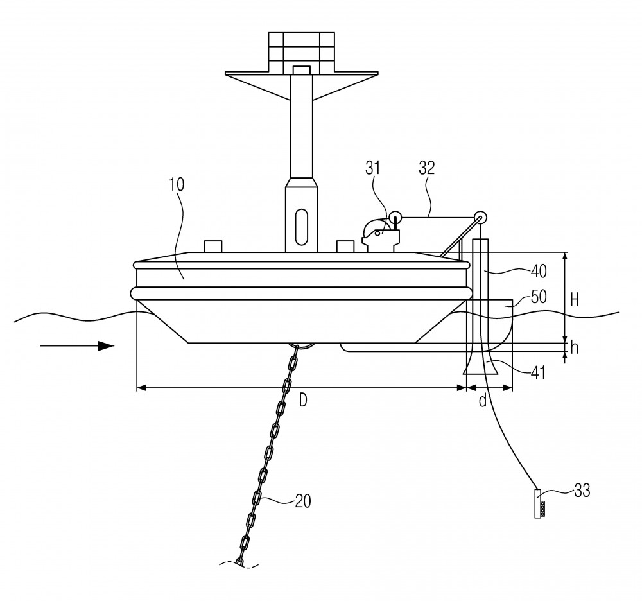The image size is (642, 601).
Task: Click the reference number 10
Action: [x=177, y=185]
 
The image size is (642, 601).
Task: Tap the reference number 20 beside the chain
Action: [x=303, y=501]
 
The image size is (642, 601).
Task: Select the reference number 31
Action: [x=372, y=168]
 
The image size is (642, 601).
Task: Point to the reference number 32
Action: [x=427, y=168]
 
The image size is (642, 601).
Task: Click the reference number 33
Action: [x=582, y=490]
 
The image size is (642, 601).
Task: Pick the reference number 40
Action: [x=539, y=271]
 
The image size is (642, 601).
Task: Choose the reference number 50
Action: [x=539, y=297]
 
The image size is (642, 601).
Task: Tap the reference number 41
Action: [x=538, y=372]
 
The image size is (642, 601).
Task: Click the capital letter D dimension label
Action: [x=302, y=401]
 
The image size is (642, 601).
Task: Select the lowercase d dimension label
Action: [x=483, y=401]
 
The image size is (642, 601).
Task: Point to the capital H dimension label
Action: [x=575, y=300]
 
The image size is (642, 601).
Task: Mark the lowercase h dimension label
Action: [x=574, y=348]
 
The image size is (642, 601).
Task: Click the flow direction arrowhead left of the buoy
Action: [x=106, y=346]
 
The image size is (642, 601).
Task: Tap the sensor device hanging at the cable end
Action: [x=540, y=503]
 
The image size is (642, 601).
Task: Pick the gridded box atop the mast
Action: [x=301, y=51]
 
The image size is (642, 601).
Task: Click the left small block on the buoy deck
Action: [x=213, y=247]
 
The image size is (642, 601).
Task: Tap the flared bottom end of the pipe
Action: [x=481, y=363]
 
